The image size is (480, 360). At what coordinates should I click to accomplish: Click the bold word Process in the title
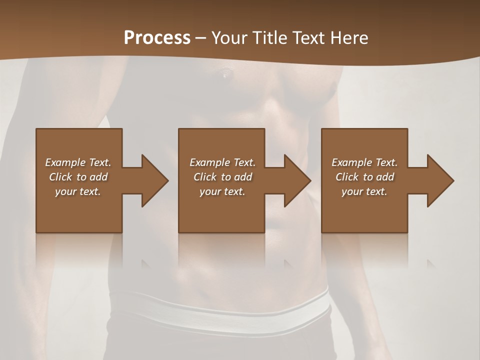coord(157,38)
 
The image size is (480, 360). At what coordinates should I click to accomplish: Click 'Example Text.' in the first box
coord(78,162)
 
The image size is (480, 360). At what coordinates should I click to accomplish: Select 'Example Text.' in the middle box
coord(222,162)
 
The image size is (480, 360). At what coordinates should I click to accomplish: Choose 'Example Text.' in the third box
coord(364,162)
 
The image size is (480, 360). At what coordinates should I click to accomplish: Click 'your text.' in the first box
coord(78,191)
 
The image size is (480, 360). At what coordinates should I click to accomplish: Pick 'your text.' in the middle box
coord(222,191)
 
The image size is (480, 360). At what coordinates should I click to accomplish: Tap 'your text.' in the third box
coord(364,191)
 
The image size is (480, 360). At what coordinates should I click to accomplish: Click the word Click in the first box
coord(60,177)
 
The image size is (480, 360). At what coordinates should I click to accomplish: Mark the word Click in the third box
coord(347,177)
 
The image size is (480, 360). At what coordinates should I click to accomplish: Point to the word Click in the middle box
coord(205,177)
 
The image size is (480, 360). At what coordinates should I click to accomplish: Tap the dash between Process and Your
coord(201,38)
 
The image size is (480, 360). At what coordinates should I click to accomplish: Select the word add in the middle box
coord(243,177)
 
